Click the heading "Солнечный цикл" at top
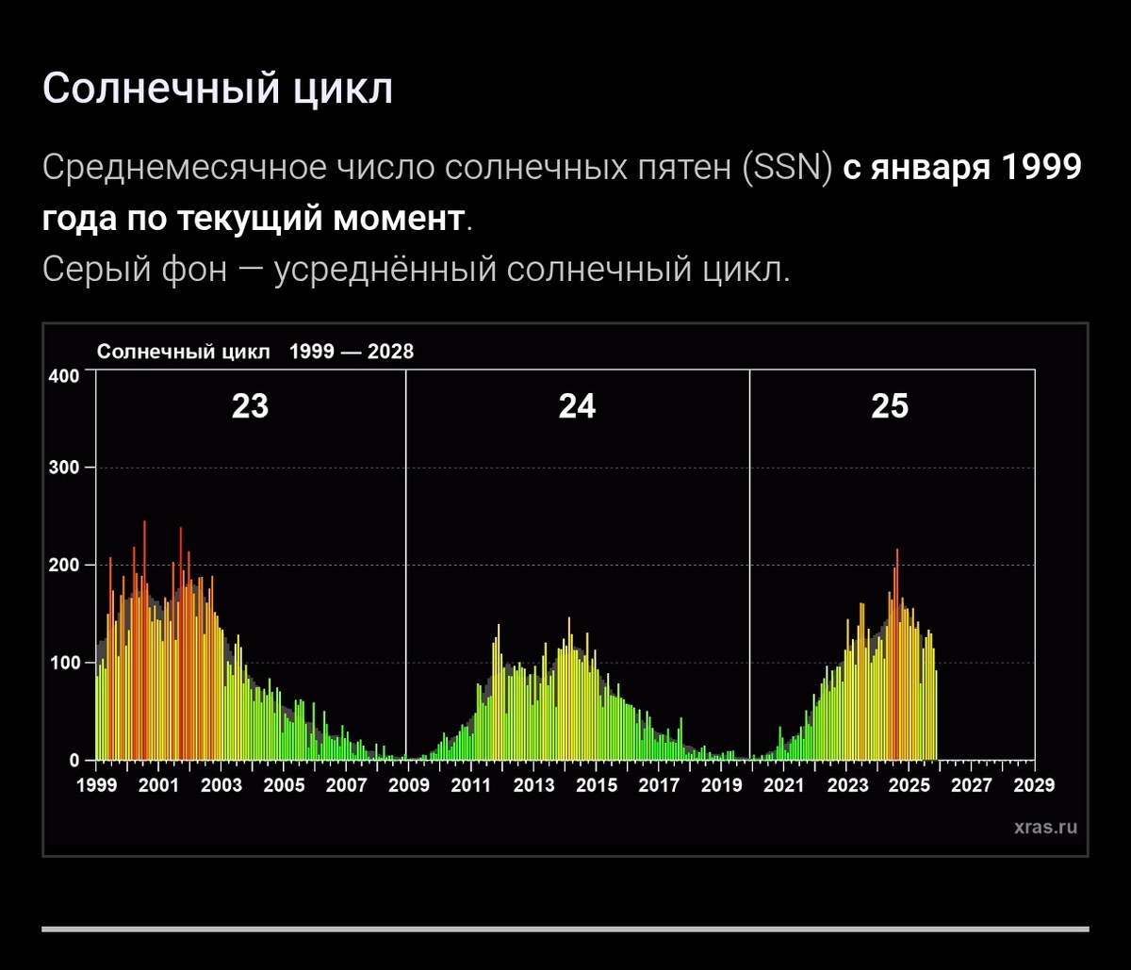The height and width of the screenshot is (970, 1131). (x=217, y=90)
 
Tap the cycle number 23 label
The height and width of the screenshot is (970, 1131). (x=250, y=406)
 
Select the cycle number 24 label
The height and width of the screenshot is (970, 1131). (x=577, y=406)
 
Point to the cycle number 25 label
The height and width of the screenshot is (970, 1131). (x=889, y=406)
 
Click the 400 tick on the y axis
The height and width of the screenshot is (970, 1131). (x=64, y=376)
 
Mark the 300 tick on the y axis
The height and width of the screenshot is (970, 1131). (x=64, y=468)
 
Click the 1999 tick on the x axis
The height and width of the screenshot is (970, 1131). (x=95, y=785)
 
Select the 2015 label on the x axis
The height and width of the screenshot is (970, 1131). (x=596, y=785)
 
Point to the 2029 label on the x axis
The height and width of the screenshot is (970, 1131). (x=1034, y=785)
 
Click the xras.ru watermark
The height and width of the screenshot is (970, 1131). (x=1045, y=828)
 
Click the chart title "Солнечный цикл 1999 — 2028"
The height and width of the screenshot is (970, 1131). (x=255, y=352)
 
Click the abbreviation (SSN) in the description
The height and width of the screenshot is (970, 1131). (x=787, y=170)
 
